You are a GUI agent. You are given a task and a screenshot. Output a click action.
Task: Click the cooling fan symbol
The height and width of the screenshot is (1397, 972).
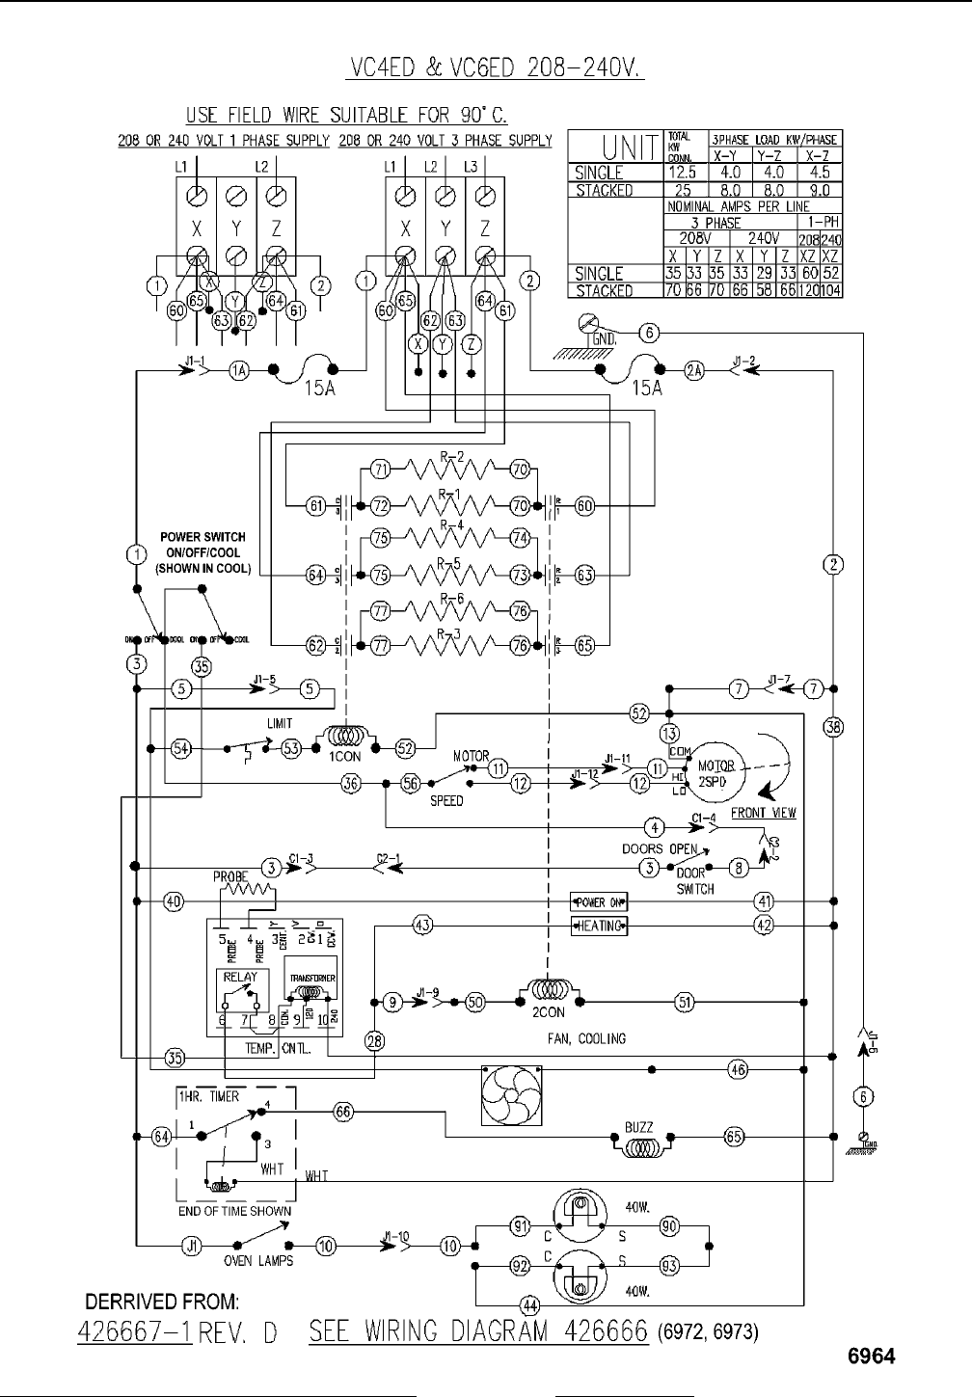click(x=511, y=1096)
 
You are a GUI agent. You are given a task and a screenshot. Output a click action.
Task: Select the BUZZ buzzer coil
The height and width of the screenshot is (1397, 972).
click(x=638, y=1147)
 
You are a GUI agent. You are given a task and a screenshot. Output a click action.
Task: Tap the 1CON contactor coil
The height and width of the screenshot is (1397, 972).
click(x=345, y=739)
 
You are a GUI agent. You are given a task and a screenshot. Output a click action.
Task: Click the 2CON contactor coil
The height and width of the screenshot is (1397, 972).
click(x=547, y=991)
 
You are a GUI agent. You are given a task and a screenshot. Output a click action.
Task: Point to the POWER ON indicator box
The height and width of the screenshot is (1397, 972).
click(x=599, y=902)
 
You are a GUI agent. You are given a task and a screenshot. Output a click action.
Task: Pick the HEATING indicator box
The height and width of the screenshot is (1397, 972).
click(x=599, y=927)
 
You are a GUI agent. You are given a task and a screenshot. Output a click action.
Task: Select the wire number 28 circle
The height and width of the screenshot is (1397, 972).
click(x=374, y=1040)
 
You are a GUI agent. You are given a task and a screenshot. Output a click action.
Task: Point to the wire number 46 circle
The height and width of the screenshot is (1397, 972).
click(x=737, y=1068)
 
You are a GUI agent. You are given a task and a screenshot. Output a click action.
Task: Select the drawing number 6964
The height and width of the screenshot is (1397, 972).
click(x=871, y=1357)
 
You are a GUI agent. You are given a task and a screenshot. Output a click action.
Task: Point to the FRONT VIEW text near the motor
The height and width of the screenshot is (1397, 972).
click(x=764, y=813)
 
